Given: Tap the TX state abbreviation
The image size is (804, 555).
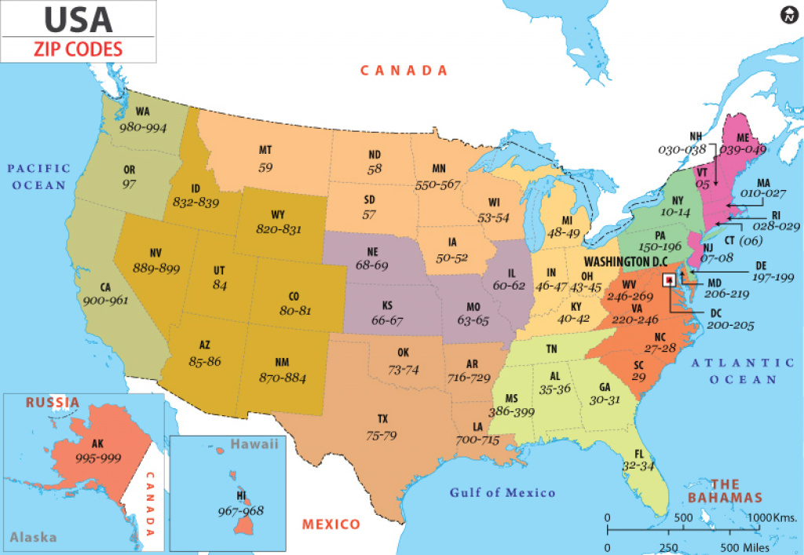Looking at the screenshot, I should click(x=382, y=419).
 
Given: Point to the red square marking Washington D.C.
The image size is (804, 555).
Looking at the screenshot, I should click(x=668, y=279).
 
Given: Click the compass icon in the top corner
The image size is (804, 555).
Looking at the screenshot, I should click(x=788, y=15).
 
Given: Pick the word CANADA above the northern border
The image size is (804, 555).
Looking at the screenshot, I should click(x=404, y=71).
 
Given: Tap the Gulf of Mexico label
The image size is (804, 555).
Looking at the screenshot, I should click(x=502, y=493).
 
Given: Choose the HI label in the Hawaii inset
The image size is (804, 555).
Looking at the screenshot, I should click(x=242, y=496).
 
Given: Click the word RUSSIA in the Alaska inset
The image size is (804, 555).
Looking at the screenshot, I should click(x=53, y=403).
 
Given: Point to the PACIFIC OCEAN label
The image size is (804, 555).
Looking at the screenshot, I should click(x=39, y=177).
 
